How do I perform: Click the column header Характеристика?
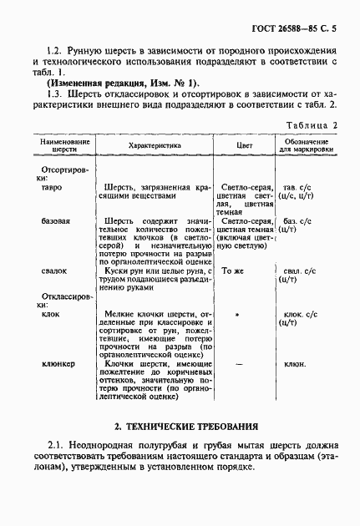[155, 144]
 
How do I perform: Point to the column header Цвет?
[245, 144]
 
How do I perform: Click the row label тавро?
[53, 188]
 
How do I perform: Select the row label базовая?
[57, 221]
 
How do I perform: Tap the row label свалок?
[54, 271]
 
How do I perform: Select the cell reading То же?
[233, 271]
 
